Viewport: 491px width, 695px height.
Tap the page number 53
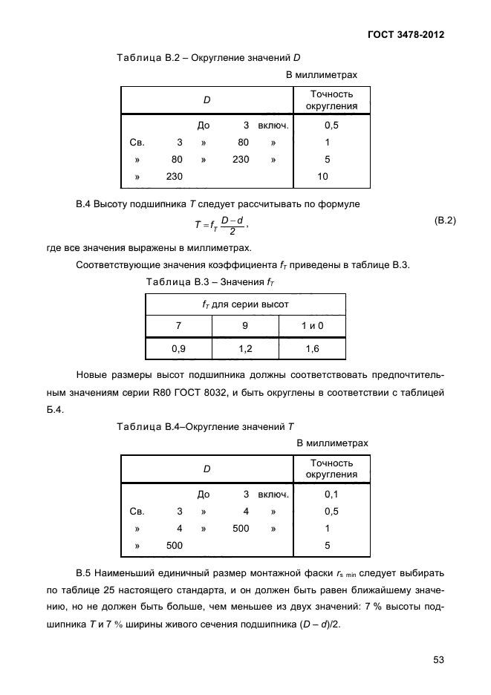point(438,659)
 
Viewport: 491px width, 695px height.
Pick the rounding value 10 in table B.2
point(322,177)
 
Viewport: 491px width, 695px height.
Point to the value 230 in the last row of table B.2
point(174,177)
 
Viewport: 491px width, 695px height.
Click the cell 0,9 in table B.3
point(178,347)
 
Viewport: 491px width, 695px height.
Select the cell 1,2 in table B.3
point(245,347)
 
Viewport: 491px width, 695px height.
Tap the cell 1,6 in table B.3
point(312,347)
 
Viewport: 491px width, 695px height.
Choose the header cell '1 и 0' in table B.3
point(312,325)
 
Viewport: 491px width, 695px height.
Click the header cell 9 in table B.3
point(245,325)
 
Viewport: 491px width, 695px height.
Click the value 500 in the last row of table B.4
point(174,545)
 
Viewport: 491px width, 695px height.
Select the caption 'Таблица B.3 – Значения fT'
point(205,281)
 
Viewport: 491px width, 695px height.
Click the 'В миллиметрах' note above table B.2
point(322,75)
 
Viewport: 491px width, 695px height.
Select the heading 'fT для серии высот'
point(245,304)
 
